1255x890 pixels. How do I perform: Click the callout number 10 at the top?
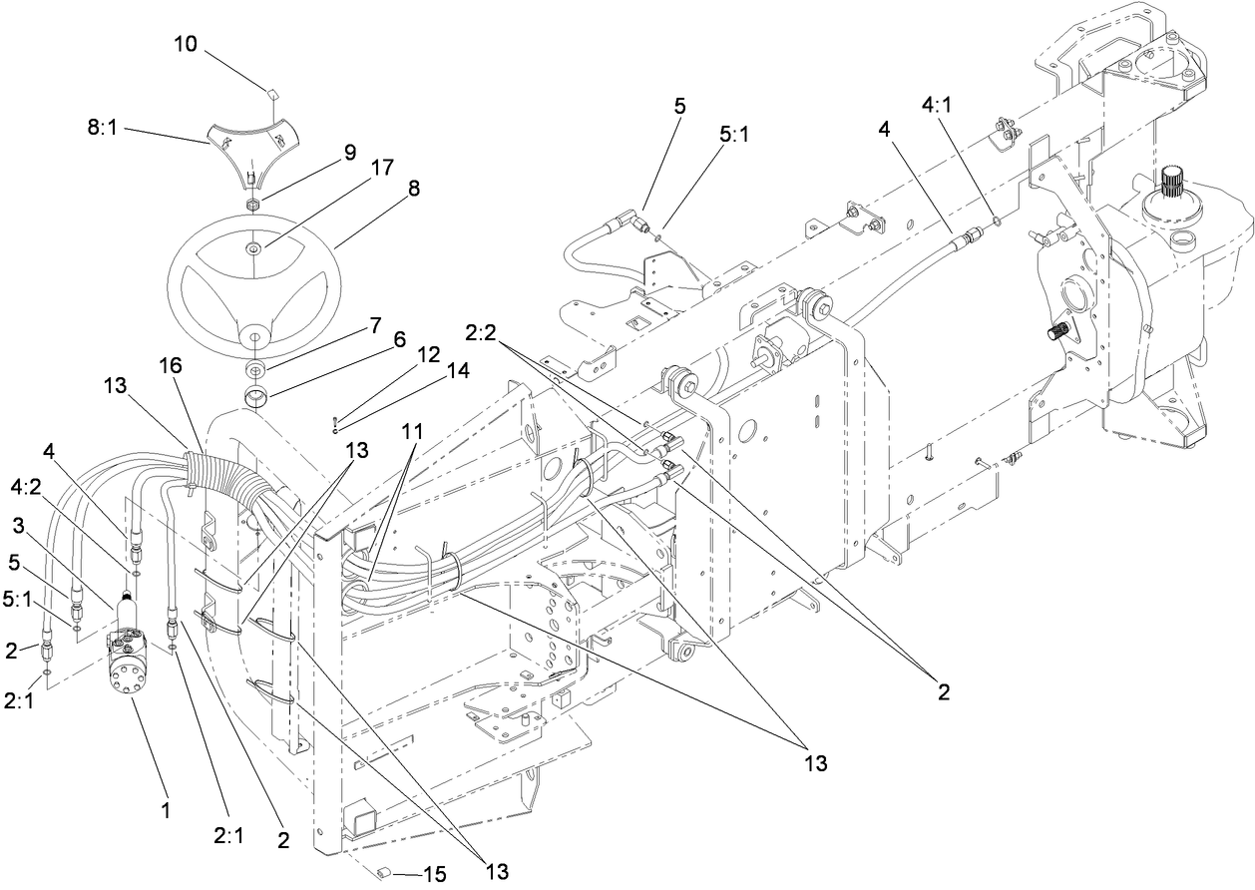click(x=186, y=45)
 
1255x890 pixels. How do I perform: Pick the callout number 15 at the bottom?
click(x=433, y=875)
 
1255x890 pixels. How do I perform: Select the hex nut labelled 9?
click(x=253, y=204)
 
